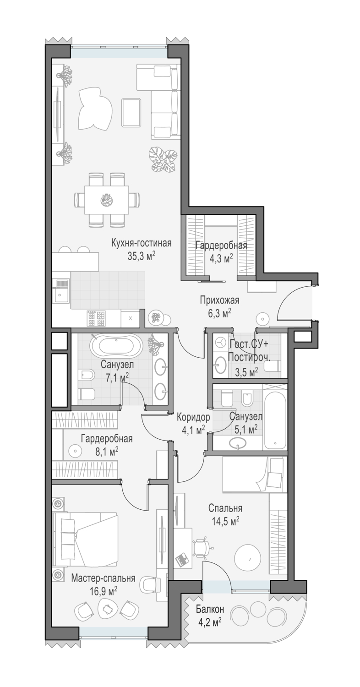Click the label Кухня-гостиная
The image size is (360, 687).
142,243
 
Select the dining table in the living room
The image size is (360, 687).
106,200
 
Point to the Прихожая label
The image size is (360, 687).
219,300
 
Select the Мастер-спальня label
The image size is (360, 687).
103,578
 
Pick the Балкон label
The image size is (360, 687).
210,609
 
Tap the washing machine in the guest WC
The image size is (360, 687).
219,341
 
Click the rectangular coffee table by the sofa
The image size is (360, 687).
131,112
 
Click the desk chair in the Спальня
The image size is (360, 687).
202,545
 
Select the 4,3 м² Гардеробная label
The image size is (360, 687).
222,252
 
